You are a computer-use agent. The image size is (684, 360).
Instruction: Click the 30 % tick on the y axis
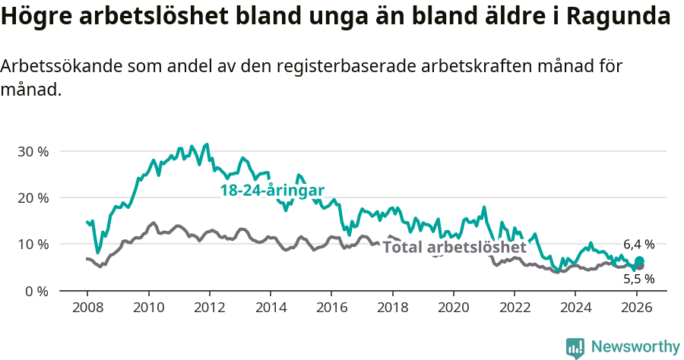pos(33,151)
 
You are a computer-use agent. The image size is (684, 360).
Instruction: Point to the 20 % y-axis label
pos(33,197)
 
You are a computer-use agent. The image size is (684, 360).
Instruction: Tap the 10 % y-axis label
pos(33,244)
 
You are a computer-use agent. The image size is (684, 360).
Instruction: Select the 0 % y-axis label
pos(36,291)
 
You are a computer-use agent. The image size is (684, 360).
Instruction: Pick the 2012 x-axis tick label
pos(209,308)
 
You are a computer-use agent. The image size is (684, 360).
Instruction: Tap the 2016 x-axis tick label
pos(331,308)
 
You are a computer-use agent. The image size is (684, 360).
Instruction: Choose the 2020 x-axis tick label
pos(453,308)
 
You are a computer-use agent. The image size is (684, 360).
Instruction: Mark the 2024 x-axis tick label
pos(575,308)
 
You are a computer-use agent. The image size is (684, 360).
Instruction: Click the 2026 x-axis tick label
pos(635,308)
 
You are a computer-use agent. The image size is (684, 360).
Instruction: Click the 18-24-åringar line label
pos(272,191)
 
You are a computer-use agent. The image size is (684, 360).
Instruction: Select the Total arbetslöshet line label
pos(454,248)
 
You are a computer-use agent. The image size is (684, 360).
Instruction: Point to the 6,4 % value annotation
pos(638,245)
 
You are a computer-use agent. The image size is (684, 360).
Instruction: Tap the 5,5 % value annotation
pos(638,279)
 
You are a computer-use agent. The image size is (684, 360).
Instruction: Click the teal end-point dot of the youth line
pos(639,261)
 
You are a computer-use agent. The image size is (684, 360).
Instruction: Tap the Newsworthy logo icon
pos(575,348)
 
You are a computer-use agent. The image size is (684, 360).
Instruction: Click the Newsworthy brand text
pos(635,347)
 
